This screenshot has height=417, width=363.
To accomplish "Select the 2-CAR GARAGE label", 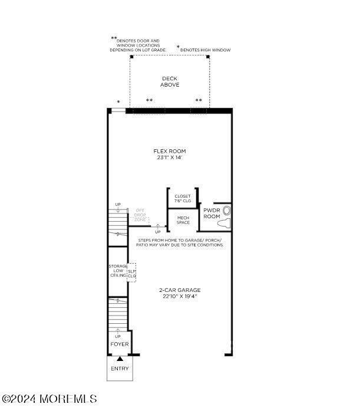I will (180, 290).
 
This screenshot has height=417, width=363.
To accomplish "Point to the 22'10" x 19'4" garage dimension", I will (180, 297).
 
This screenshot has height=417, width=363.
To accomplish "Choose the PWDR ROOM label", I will (212, 213).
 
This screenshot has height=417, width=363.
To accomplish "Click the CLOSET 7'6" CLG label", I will (183, 198).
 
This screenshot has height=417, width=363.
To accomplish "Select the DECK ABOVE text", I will (170, 81).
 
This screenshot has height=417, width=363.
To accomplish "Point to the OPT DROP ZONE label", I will (140, 215).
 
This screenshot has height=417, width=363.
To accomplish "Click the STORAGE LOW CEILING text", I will (118, 271).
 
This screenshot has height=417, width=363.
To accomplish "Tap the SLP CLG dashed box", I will (132, 271).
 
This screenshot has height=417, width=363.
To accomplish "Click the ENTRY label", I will (120, 369).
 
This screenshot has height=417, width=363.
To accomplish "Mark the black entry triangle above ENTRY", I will (120, 358).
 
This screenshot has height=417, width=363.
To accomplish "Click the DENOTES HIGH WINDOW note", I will (205, 50).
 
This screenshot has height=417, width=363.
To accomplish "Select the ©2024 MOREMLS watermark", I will (49, 399).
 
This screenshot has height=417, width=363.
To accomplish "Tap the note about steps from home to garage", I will (180, 242).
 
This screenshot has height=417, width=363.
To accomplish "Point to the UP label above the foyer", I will (118, 336).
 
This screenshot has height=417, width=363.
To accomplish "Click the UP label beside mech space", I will (157, 232).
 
